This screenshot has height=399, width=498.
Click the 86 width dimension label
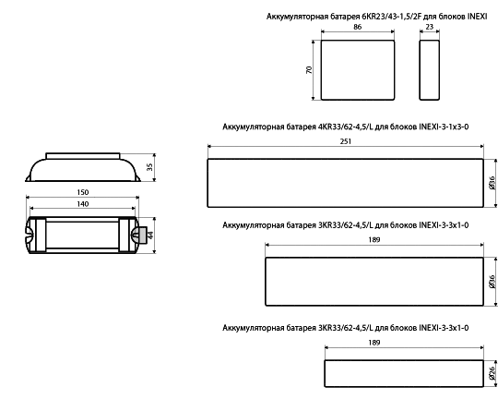[x=357, y=27]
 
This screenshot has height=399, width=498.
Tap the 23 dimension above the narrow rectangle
[x=429, y=27]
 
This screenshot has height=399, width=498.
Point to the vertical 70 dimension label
[x=309, y=70]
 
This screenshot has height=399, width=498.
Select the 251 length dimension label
[x=346, y=141]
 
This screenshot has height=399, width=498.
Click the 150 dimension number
[x=83, y=192]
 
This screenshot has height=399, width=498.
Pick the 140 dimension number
[x=83, y=204]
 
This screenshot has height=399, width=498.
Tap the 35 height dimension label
[x=149, y=167]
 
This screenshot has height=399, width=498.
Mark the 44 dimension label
[x=150, y=236]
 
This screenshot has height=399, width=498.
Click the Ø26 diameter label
[x=492, y=373]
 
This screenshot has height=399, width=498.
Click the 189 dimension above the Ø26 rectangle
[x=374, y=343]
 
